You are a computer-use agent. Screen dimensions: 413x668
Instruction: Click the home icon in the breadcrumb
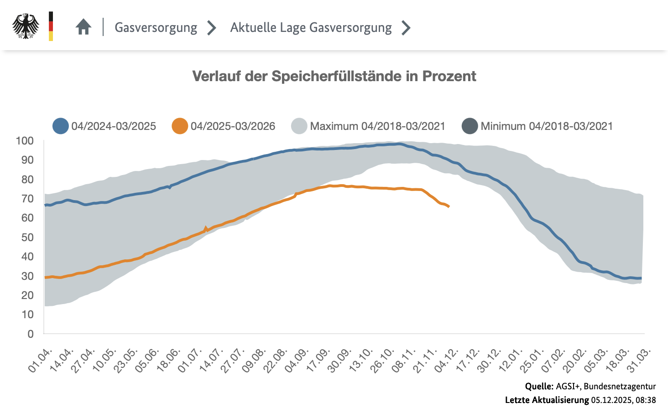pos(83,27)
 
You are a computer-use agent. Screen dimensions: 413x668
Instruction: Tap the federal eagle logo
pos(26,26)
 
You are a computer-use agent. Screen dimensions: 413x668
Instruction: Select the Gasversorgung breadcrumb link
pos(156,27)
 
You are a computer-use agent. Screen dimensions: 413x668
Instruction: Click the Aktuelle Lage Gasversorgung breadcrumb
pos(311,27)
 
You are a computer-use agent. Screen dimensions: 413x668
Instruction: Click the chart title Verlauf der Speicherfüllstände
pos(334,76)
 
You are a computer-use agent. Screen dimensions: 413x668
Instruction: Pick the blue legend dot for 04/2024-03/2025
pos(61,126)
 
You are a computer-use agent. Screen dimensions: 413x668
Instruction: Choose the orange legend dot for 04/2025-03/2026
pos(180,126)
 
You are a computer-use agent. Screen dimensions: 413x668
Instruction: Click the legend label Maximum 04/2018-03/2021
pos(377,126)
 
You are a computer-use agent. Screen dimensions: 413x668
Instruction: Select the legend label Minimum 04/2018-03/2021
pos(546,126)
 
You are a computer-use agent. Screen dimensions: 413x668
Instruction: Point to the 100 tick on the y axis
pos(25,141)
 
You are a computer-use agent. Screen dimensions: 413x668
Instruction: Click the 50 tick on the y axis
pos(27,237)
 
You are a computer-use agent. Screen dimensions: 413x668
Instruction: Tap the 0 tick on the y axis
pos(31,334)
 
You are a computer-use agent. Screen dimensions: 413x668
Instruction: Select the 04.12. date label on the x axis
pos(447,360)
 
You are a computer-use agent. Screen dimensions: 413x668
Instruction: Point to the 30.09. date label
pos(340,360)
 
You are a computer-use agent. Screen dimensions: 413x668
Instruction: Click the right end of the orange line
pos(449,206)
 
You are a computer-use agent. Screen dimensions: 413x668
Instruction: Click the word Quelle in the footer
pos(539,387)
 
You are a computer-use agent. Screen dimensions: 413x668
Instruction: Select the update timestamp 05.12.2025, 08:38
pos(623,400)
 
